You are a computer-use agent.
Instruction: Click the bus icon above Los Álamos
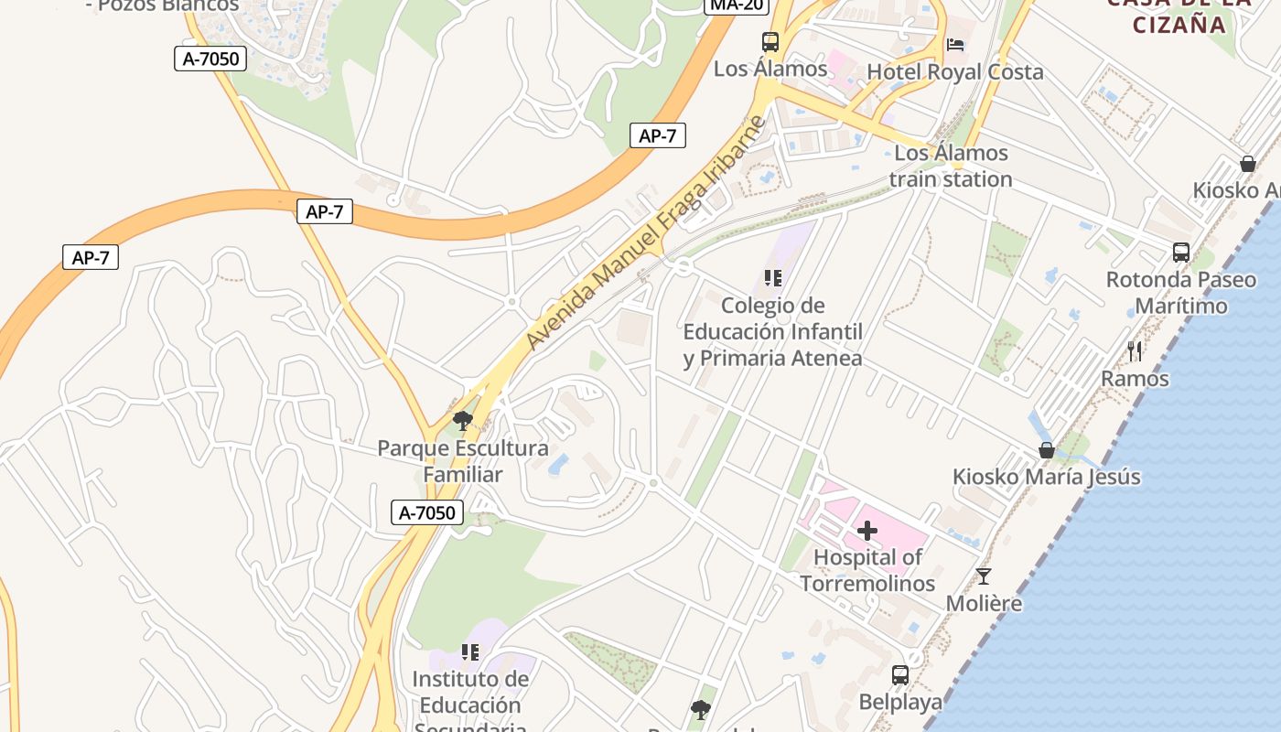(x=770, y=42)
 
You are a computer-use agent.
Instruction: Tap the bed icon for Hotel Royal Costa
(x=955, y=45)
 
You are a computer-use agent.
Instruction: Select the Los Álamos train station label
(x=951, y=166)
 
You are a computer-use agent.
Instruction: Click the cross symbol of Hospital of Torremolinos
(x=867, y=531)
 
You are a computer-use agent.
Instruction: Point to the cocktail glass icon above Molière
(x=984, y=576)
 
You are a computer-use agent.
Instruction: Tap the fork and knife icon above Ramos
(x=1135, y=350)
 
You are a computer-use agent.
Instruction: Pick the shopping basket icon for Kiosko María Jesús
(x=1046, y=450)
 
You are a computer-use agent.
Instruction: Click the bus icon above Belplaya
(x=900, y=675)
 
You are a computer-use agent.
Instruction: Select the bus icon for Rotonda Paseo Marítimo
(x=1181, y=253)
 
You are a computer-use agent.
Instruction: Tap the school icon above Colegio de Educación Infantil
(x=773, y=277)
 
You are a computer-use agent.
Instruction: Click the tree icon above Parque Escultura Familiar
(x=463, y=421)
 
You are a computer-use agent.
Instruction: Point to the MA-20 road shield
(x=737, y=5)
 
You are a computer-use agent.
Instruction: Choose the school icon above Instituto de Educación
(x=470, y=652)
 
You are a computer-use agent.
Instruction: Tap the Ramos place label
(x=1135, y=378)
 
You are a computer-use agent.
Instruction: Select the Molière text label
(x=984, y=604)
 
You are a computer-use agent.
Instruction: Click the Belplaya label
(x=900, y=702)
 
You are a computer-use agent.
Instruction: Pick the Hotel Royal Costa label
(x=954, y=71)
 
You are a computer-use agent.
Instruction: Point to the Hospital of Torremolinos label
(x=867, y=570)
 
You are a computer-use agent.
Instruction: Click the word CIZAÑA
(x=1179, y=24)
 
